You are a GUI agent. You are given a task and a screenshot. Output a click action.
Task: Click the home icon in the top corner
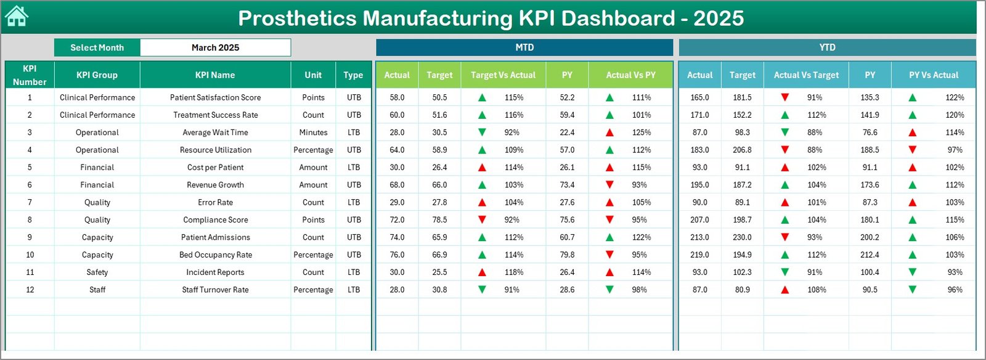click(x=17, y=17)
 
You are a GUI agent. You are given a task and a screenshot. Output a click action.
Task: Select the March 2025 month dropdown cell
click(x=215, y=47)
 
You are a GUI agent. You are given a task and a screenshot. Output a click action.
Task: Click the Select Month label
click(x=97, y=47)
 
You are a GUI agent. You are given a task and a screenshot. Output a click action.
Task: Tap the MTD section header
click(x=524, y=47)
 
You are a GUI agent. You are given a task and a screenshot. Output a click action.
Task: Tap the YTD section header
click(x=827, y=47)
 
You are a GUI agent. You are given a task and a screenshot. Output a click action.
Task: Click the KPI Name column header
click(x=215, y=75)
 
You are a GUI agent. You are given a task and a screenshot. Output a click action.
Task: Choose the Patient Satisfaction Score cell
click(x=215, y=97)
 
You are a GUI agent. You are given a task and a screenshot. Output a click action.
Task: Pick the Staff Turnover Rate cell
click(x=215, y=290)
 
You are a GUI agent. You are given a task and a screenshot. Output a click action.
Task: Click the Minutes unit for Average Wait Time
click(x=313, y=133)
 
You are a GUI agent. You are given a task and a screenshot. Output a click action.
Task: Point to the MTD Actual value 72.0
click(x=397, y=220)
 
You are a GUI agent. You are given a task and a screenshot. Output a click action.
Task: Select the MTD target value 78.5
click(x=439, y=220)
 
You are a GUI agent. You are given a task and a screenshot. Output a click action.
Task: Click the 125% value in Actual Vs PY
click(x=641, y=133)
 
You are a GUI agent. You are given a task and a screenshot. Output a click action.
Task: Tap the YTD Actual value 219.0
click(x=699, y=255)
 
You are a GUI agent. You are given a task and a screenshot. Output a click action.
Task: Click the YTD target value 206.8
click(x=742, y=150)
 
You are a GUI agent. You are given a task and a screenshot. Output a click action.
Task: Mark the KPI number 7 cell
click(x=30, y=202)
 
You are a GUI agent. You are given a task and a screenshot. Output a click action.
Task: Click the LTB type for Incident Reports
click(x=354, y=272)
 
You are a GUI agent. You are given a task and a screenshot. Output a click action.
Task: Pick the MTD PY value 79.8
click(x=567, y=255)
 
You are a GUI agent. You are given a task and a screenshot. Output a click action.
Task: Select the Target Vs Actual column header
click(x=503, y=75)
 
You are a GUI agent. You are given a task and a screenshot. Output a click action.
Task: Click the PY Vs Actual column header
click(x=934, y=75)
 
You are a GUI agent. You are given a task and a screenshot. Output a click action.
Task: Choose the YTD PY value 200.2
click(x=870, y=237)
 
